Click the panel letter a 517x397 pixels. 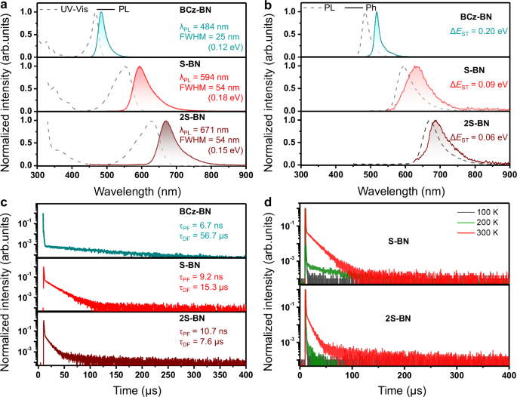tap(5, 6)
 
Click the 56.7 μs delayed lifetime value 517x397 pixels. tap(211, 235)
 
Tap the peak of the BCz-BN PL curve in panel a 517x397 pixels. tap(101, 11)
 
